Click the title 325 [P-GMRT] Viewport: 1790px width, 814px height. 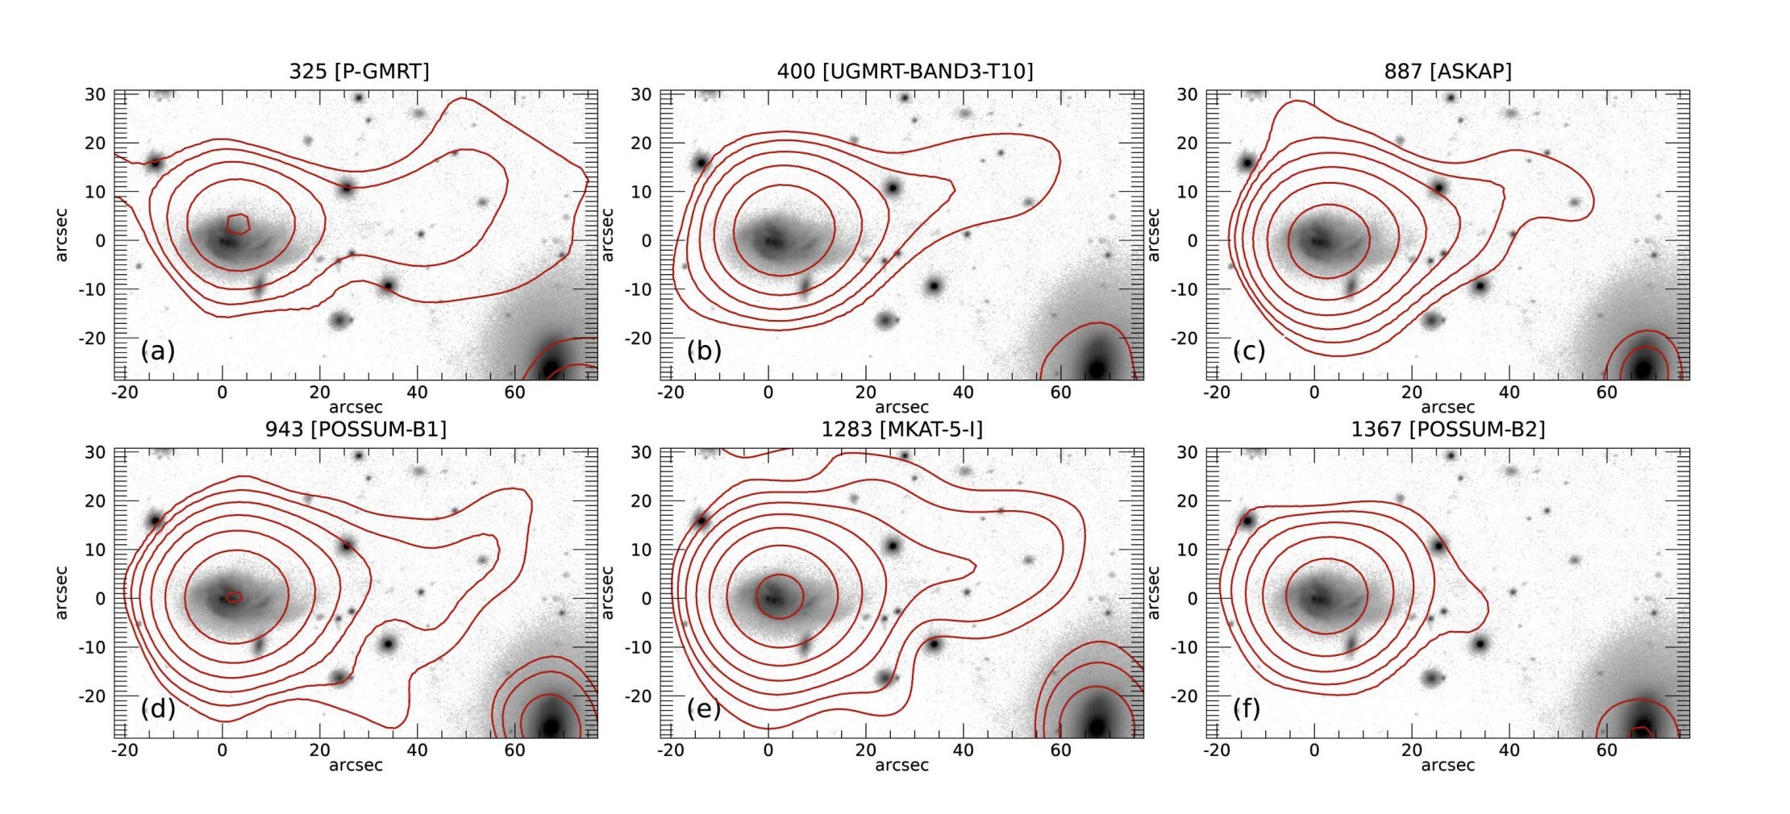click(359, 72)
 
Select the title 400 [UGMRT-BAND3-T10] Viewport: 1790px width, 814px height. click(905, 72)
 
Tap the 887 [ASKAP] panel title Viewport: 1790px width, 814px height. click(1447, 72)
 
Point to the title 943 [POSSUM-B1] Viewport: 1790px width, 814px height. click(356, 430)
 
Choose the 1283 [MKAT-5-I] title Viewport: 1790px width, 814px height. click(901, 430)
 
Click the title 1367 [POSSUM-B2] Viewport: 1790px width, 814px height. click(1447, 430)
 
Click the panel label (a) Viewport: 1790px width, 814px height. click(157, 351)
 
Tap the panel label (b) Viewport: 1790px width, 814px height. click(704, 351)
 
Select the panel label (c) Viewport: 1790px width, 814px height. click(1249, 351)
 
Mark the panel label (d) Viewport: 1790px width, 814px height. click(157, 708)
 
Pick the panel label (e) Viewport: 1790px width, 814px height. click(704, 708)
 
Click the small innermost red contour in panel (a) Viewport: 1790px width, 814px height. click(239, 223)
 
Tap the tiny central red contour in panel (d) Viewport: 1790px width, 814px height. click(234, 597)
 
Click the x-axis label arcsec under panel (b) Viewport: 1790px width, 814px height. click(901, 407)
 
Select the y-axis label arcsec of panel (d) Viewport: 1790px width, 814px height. click(61, 592)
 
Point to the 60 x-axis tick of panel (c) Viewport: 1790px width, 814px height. click(1606, 392)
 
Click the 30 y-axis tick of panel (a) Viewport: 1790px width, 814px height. click(95, 94)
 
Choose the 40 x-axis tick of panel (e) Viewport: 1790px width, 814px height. click(963, 750)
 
